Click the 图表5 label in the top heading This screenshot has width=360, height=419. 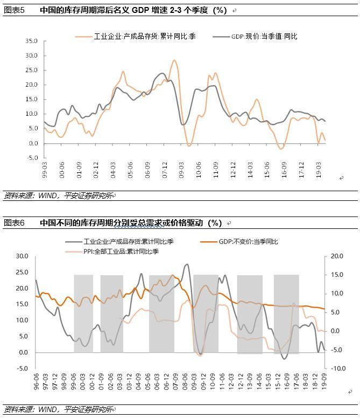14,10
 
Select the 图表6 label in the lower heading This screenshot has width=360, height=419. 14,222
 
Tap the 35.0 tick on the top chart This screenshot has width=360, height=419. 31,41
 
